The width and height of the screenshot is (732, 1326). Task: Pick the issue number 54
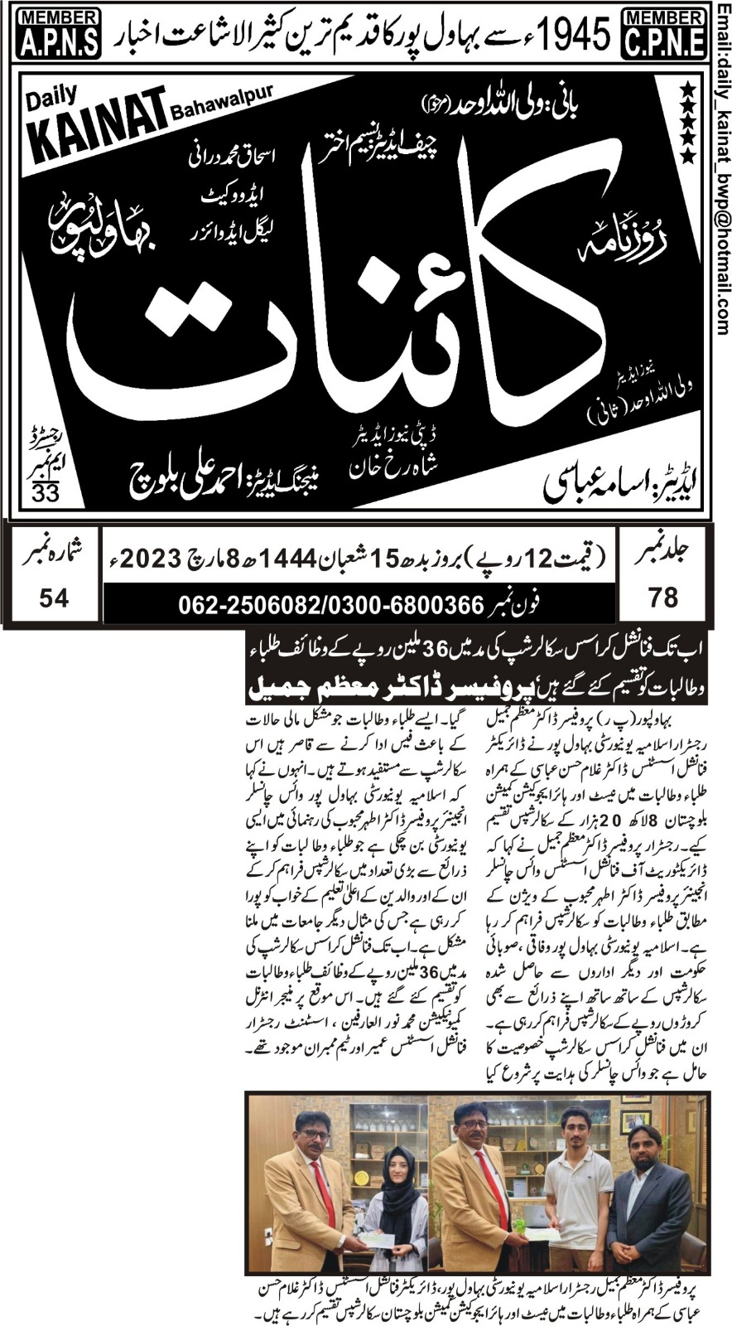(x=53, y=596)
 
